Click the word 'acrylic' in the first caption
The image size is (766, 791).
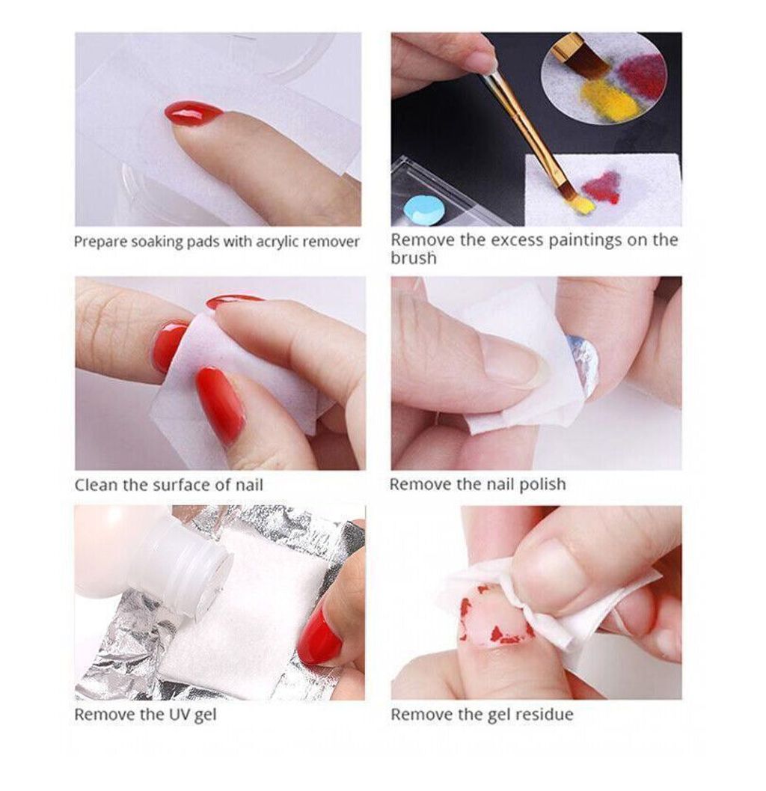pyautogui.click(x=277, y=242)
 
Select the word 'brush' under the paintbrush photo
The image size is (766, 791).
pyautogui.click(x=413, y=257)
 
